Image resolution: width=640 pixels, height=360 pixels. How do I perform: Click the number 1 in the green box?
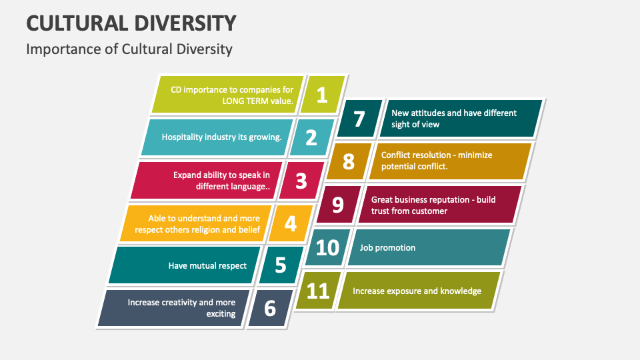click(x=322, y=95)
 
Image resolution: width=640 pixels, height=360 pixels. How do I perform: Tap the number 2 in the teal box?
click(x=311, y=137)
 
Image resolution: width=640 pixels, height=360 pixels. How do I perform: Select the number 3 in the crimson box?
click(x=301, y=180)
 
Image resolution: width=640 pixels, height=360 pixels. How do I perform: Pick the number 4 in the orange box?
click(x=291, y=223)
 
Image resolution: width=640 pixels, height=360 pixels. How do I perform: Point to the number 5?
click(x=281, y=265)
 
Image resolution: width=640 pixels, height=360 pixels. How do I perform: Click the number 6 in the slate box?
click(x=270, y=308)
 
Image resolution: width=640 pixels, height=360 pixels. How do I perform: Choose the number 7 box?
click(x=359, y=119)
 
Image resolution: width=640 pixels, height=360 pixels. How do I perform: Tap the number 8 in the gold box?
click(x=349, y=161)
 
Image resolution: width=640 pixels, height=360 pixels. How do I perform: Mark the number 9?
click(x=338, y=205)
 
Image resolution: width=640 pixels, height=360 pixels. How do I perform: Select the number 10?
click(x=327, y=247)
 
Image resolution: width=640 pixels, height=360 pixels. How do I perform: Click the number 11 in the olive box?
click(x=318, y=290)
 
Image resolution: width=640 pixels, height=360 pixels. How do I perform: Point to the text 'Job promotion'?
click(x=387, y=248)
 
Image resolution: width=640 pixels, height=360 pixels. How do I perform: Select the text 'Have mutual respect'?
click(x=207, y=265)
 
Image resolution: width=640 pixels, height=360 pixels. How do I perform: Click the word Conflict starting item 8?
click(x=397, y=155)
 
